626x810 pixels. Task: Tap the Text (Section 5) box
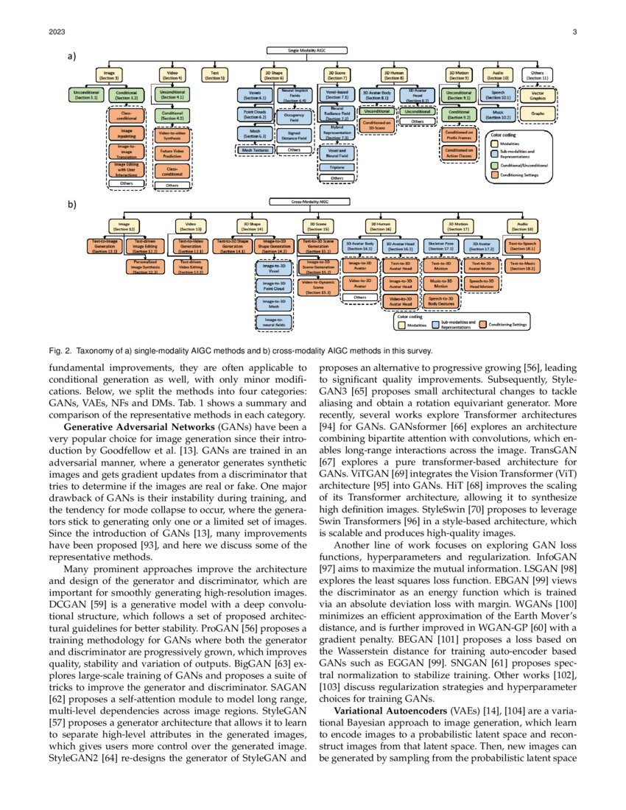click(x=215, y=74)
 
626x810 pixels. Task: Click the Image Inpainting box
click(x=127, y=133)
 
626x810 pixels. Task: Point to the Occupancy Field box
click(x=294, y=116)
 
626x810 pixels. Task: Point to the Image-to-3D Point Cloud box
click(x=269, y=286)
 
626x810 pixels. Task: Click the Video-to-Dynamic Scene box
click(x=318, y=286)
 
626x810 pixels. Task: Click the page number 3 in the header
click(x=574, y=32)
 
